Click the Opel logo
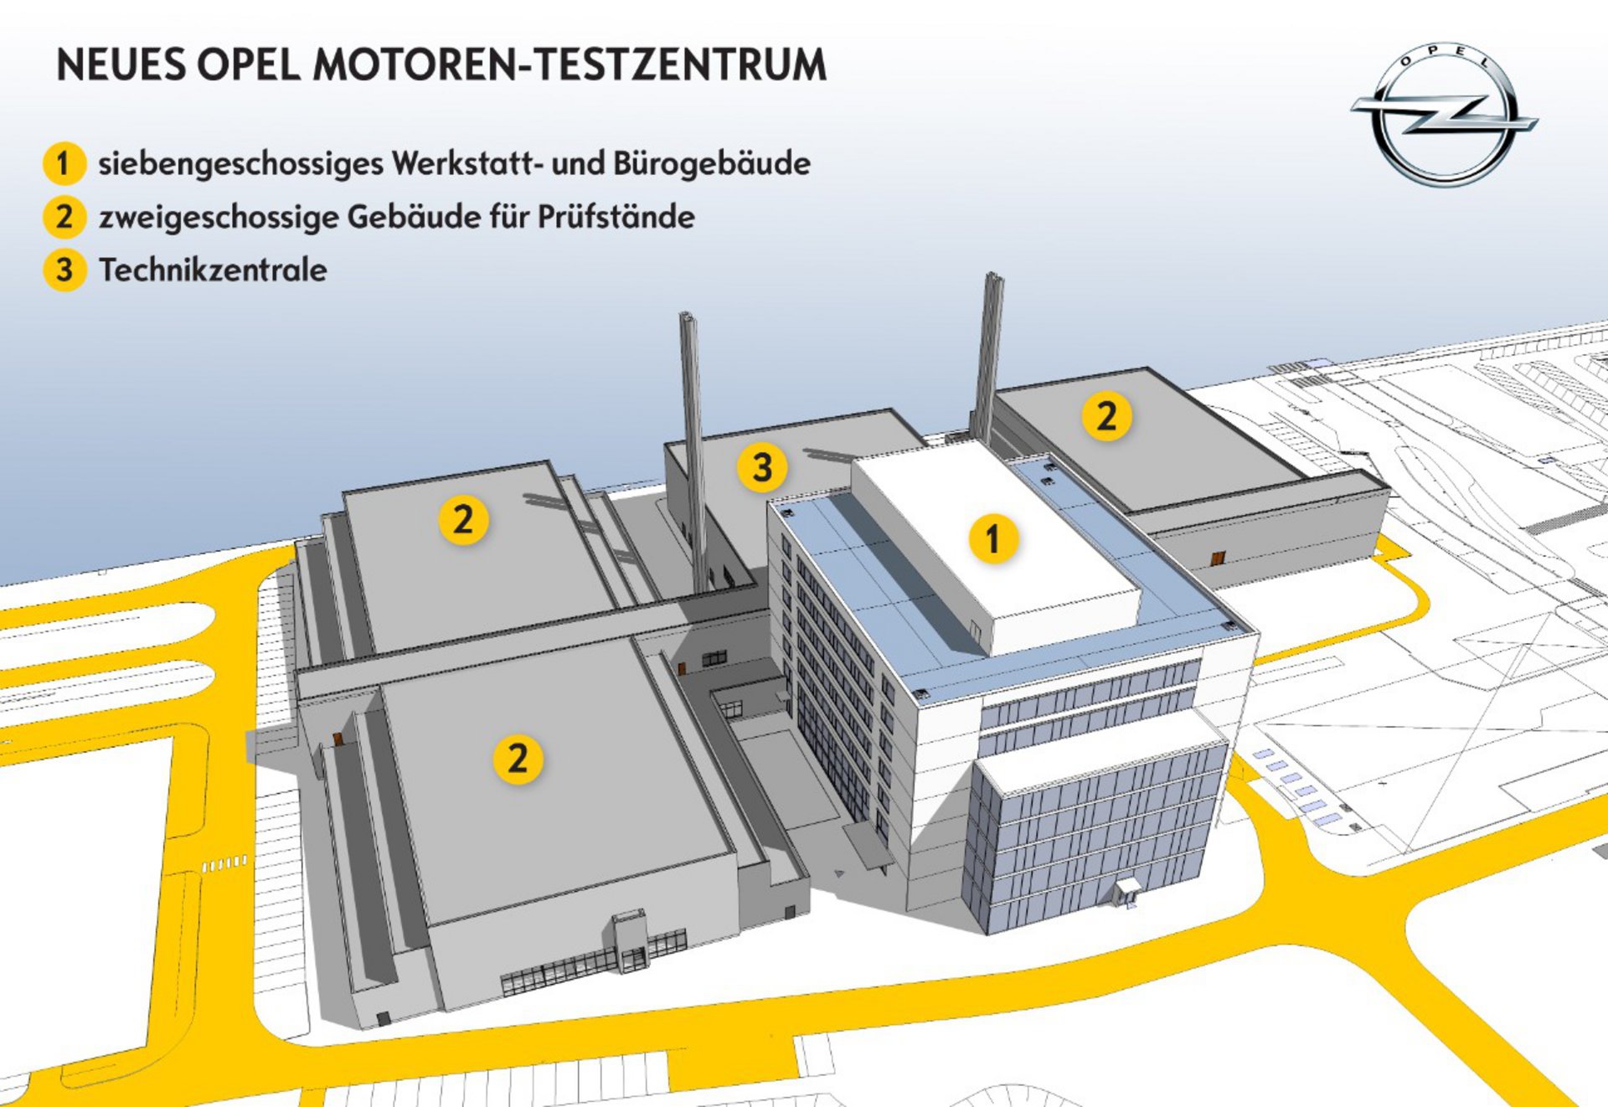[1444, 115]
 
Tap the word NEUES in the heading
[121, 65]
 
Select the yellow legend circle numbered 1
[64, 163]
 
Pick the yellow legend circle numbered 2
[64, 217]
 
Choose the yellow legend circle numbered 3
[64, 270]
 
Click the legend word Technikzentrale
[213, 270]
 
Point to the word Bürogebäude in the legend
[711, 163]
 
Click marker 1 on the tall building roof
[993, 538]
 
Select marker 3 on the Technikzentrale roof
[762, 467]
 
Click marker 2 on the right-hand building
[1106, 416]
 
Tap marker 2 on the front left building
[518, 759]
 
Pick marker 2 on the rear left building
[463, 520]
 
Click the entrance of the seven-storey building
[1126, 891]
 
